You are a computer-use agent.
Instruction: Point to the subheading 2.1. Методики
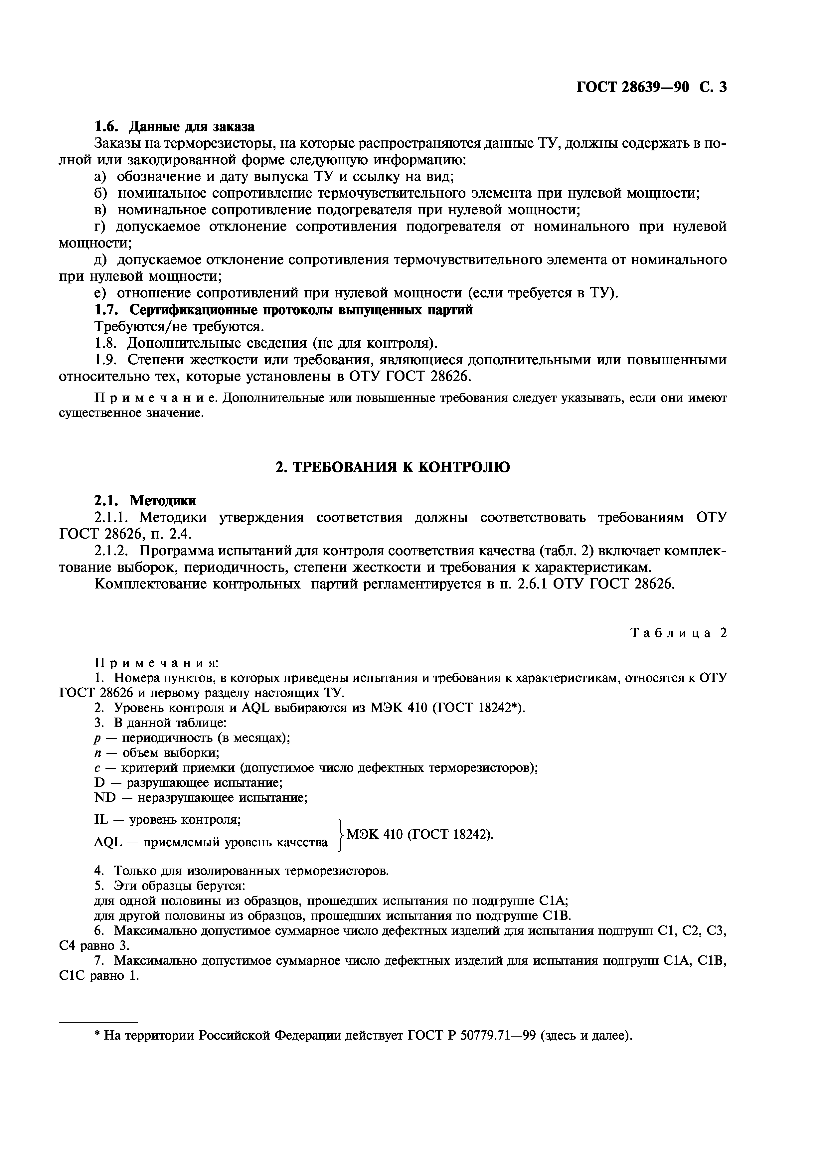[x=145, y=501]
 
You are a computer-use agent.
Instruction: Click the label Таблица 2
[x=679, y=633]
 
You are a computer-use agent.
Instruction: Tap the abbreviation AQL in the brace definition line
[x=108, y=843]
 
